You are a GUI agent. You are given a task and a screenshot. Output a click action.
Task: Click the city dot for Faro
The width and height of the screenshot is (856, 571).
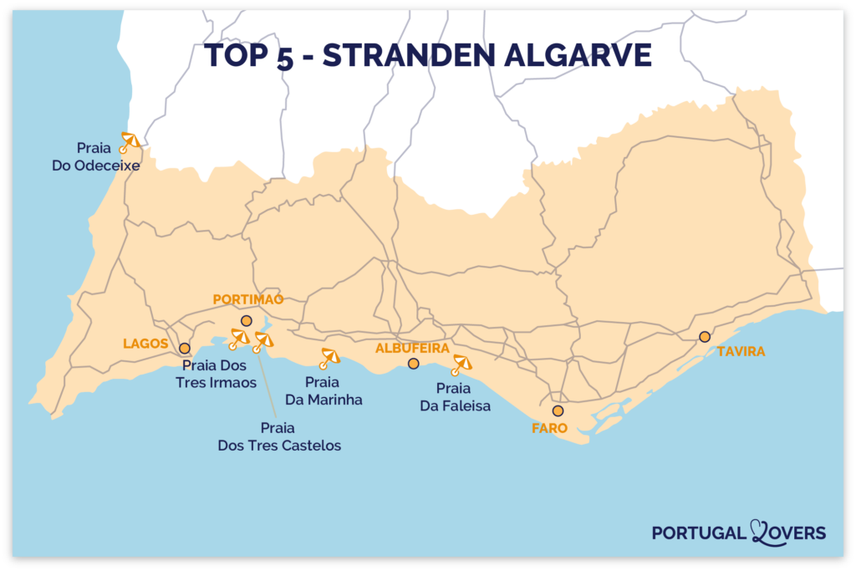[x=558, y=410]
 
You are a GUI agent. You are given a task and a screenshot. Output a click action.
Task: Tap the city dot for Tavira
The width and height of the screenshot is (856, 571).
[x=705, y=337]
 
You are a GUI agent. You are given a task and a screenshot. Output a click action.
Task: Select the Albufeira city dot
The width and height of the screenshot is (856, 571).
[x=413, y=364]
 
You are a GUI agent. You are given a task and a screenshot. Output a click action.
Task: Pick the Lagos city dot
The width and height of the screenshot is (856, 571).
[x=184, y=348]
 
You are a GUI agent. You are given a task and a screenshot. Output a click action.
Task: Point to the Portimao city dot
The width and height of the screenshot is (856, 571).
[x=246, y=321]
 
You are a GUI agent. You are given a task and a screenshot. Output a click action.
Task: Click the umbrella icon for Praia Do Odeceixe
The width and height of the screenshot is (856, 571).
[x=130, y=141]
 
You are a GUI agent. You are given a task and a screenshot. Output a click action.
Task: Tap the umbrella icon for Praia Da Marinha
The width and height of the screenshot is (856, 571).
[x=329, y=358]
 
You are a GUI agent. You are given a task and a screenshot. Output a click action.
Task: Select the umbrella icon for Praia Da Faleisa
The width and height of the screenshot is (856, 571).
[x=461, y=365]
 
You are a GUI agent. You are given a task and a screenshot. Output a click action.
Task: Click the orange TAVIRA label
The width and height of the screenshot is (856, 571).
[x=741, y=352]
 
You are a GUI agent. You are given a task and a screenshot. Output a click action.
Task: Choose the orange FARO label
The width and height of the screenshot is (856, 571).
[x=549, y=428]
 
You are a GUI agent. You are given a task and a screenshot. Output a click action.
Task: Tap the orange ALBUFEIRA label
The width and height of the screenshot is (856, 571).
[x=412, y=347]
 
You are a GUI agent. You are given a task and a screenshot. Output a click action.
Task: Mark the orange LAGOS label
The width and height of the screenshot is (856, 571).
[x=145, y=344]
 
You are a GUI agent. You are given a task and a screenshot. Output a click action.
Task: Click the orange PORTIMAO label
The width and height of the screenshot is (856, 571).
[x=248, y=299]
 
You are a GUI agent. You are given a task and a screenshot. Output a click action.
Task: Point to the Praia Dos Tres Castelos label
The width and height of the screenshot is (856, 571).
[x=279, y=436]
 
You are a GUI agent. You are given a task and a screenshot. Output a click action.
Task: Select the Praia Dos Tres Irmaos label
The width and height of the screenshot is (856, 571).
[x=222, y=374]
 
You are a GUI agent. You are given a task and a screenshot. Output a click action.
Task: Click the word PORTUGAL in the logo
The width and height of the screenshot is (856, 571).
[x=700, y=533]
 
